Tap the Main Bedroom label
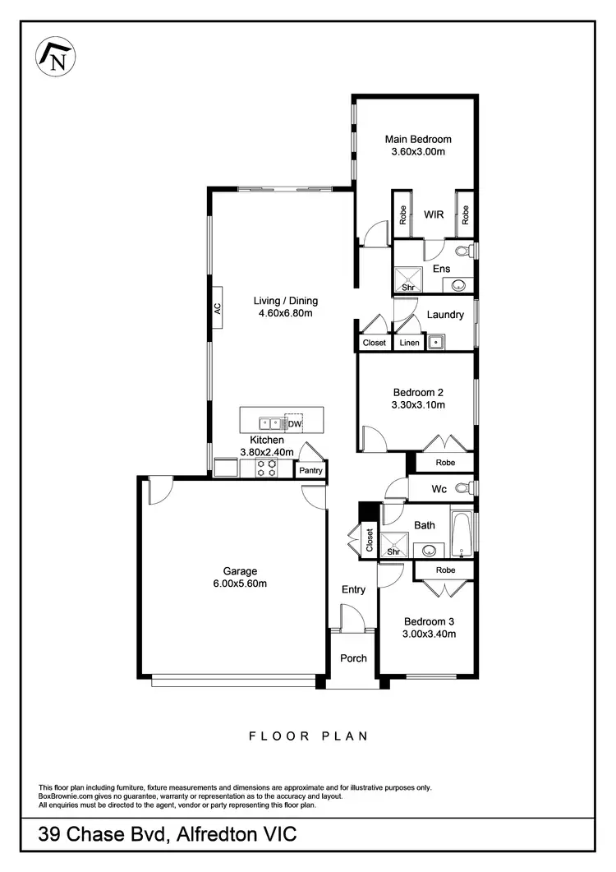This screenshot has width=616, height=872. (418, 139)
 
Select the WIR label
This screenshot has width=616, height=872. (434, 215)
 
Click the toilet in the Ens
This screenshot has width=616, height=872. (463, 251)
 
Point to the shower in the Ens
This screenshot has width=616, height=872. (407, 280)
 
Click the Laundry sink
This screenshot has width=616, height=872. (437, 342)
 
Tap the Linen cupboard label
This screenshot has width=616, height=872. (408, 343)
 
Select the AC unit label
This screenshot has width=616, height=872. (218, 309)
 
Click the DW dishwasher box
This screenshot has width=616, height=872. (293, 424)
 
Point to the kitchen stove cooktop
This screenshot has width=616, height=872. (267, 468)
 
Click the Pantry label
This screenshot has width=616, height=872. (310, 471)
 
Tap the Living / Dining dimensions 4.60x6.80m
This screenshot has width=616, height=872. (285, 313)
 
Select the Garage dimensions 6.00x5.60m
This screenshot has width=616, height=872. (240, 584)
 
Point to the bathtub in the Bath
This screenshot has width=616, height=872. (462, 533)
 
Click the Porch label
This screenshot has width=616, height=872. (353, 658)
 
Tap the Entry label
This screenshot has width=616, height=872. (353, 589)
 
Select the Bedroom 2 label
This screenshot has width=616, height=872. (418, 392)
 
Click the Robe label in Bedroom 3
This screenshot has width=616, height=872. (445, 570)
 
